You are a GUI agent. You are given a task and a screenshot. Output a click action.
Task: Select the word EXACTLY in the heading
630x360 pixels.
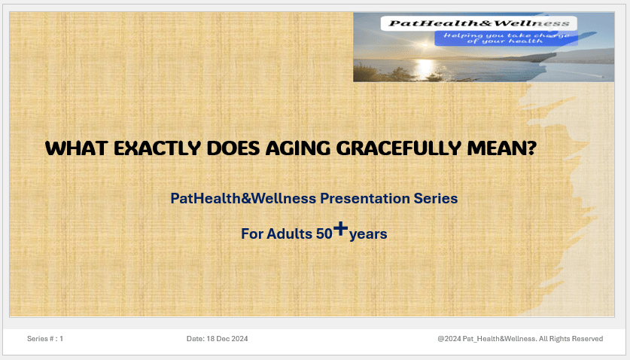pos(157,148)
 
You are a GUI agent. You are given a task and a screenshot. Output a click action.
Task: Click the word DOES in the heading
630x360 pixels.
pos(233,148)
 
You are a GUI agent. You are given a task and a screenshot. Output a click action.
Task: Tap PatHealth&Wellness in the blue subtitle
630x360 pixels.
pos(243,198)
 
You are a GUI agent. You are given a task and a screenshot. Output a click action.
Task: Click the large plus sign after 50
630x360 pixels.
pos(340,228)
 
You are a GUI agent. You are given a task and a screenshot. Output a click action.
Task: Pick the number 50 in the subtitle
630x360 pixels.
pos(324,233)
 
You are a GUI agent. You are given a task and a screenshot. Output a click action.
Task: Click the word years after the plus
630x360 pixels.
pos(368,234)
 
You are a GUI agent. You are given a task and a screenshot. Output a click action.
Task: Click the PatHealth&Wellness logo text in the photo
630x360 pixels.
pos(479,23)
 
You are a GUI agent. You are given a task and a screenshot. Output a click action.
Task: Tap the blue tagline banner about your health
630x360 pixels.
pos(507,38)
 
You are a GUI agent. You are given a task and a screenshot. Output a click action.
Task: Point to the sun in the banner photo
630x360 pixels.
pos(425,44)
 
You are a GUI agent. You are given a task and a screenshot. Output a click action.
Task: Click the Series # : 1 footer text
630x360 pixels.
pos(45,339)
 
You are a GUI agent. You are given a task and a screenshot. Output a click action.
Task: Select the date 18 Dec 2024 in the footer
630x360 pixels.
pos(227,339)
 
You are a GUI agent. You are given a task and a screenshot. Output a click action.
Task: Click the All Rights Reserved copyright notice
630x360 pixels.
pos(520,339)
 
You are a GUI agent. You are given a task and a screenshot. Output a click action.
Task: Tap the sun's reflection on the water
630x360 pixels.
pos(425,69)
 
